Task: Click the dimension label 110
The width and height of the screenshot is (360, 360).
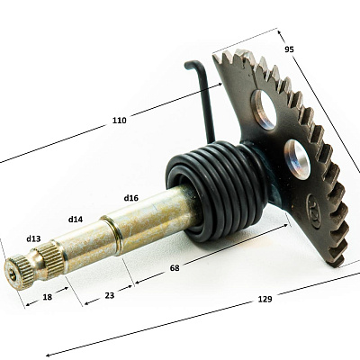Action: pos(120,121)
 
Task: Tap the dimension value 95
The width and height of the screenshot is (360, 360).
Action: pos(289,49)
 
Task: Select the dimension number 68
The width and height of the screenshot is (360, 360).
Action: pos(175,268)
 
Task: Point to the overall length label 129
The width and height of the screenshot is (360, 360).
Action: pos(265,299)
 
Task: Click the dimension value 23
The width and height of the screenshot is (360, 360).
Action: pos(110,295)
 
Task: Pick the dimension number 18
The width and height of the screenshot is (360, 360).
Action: pos(48,297)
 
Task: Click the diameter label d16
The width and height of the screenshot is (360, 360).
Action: pos(130,198)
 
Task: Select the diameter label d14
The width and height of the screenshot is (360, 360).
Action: pos(76,220)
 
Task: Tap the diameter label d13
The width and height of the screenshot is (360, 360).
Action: pos(33,238)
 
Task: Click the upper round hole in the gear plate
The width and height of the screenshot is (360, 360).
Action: pos(264,110)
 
